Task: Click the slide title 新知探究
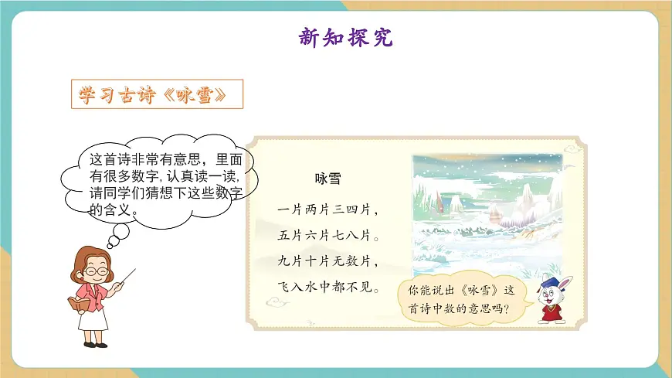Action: [345, 37]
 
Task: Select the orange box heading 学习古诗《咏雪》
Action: [157, 94]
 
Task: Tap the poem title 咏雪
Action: [328, 179]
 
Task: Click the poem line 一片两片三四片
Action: [328, 209]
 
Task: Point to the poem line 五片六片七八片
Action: [328, 233]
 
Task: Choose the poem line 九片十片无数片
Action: [328, 261]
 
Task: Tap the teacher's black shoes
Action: [93, 342]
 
